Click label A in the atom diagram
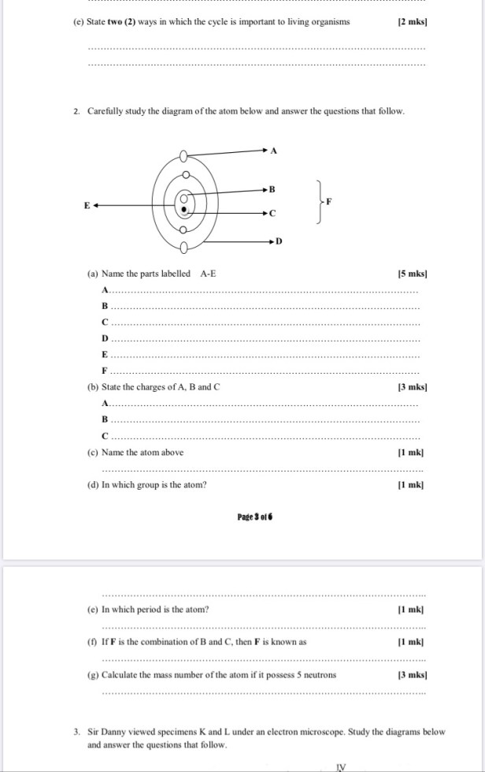coord(273,149)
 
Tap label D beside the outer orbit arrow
coord(278,241)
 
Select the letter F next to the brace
coord(329,202)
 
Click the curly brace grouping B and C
coord(318,202)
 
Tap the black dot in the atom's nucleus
coord(183,209)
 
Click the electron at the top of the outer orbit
coord(183,154)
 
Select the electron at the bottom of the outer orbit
coord(183,249)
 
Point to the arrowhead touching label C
coord(265,213)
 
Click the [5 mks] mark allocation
coord(413,274)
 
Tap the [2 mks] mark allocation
coord(413,22)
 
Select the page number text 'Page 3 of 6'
coord(254,517)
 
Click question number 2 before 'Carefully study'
coord(76,111)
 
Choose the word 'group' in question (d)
coord(152,485)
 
